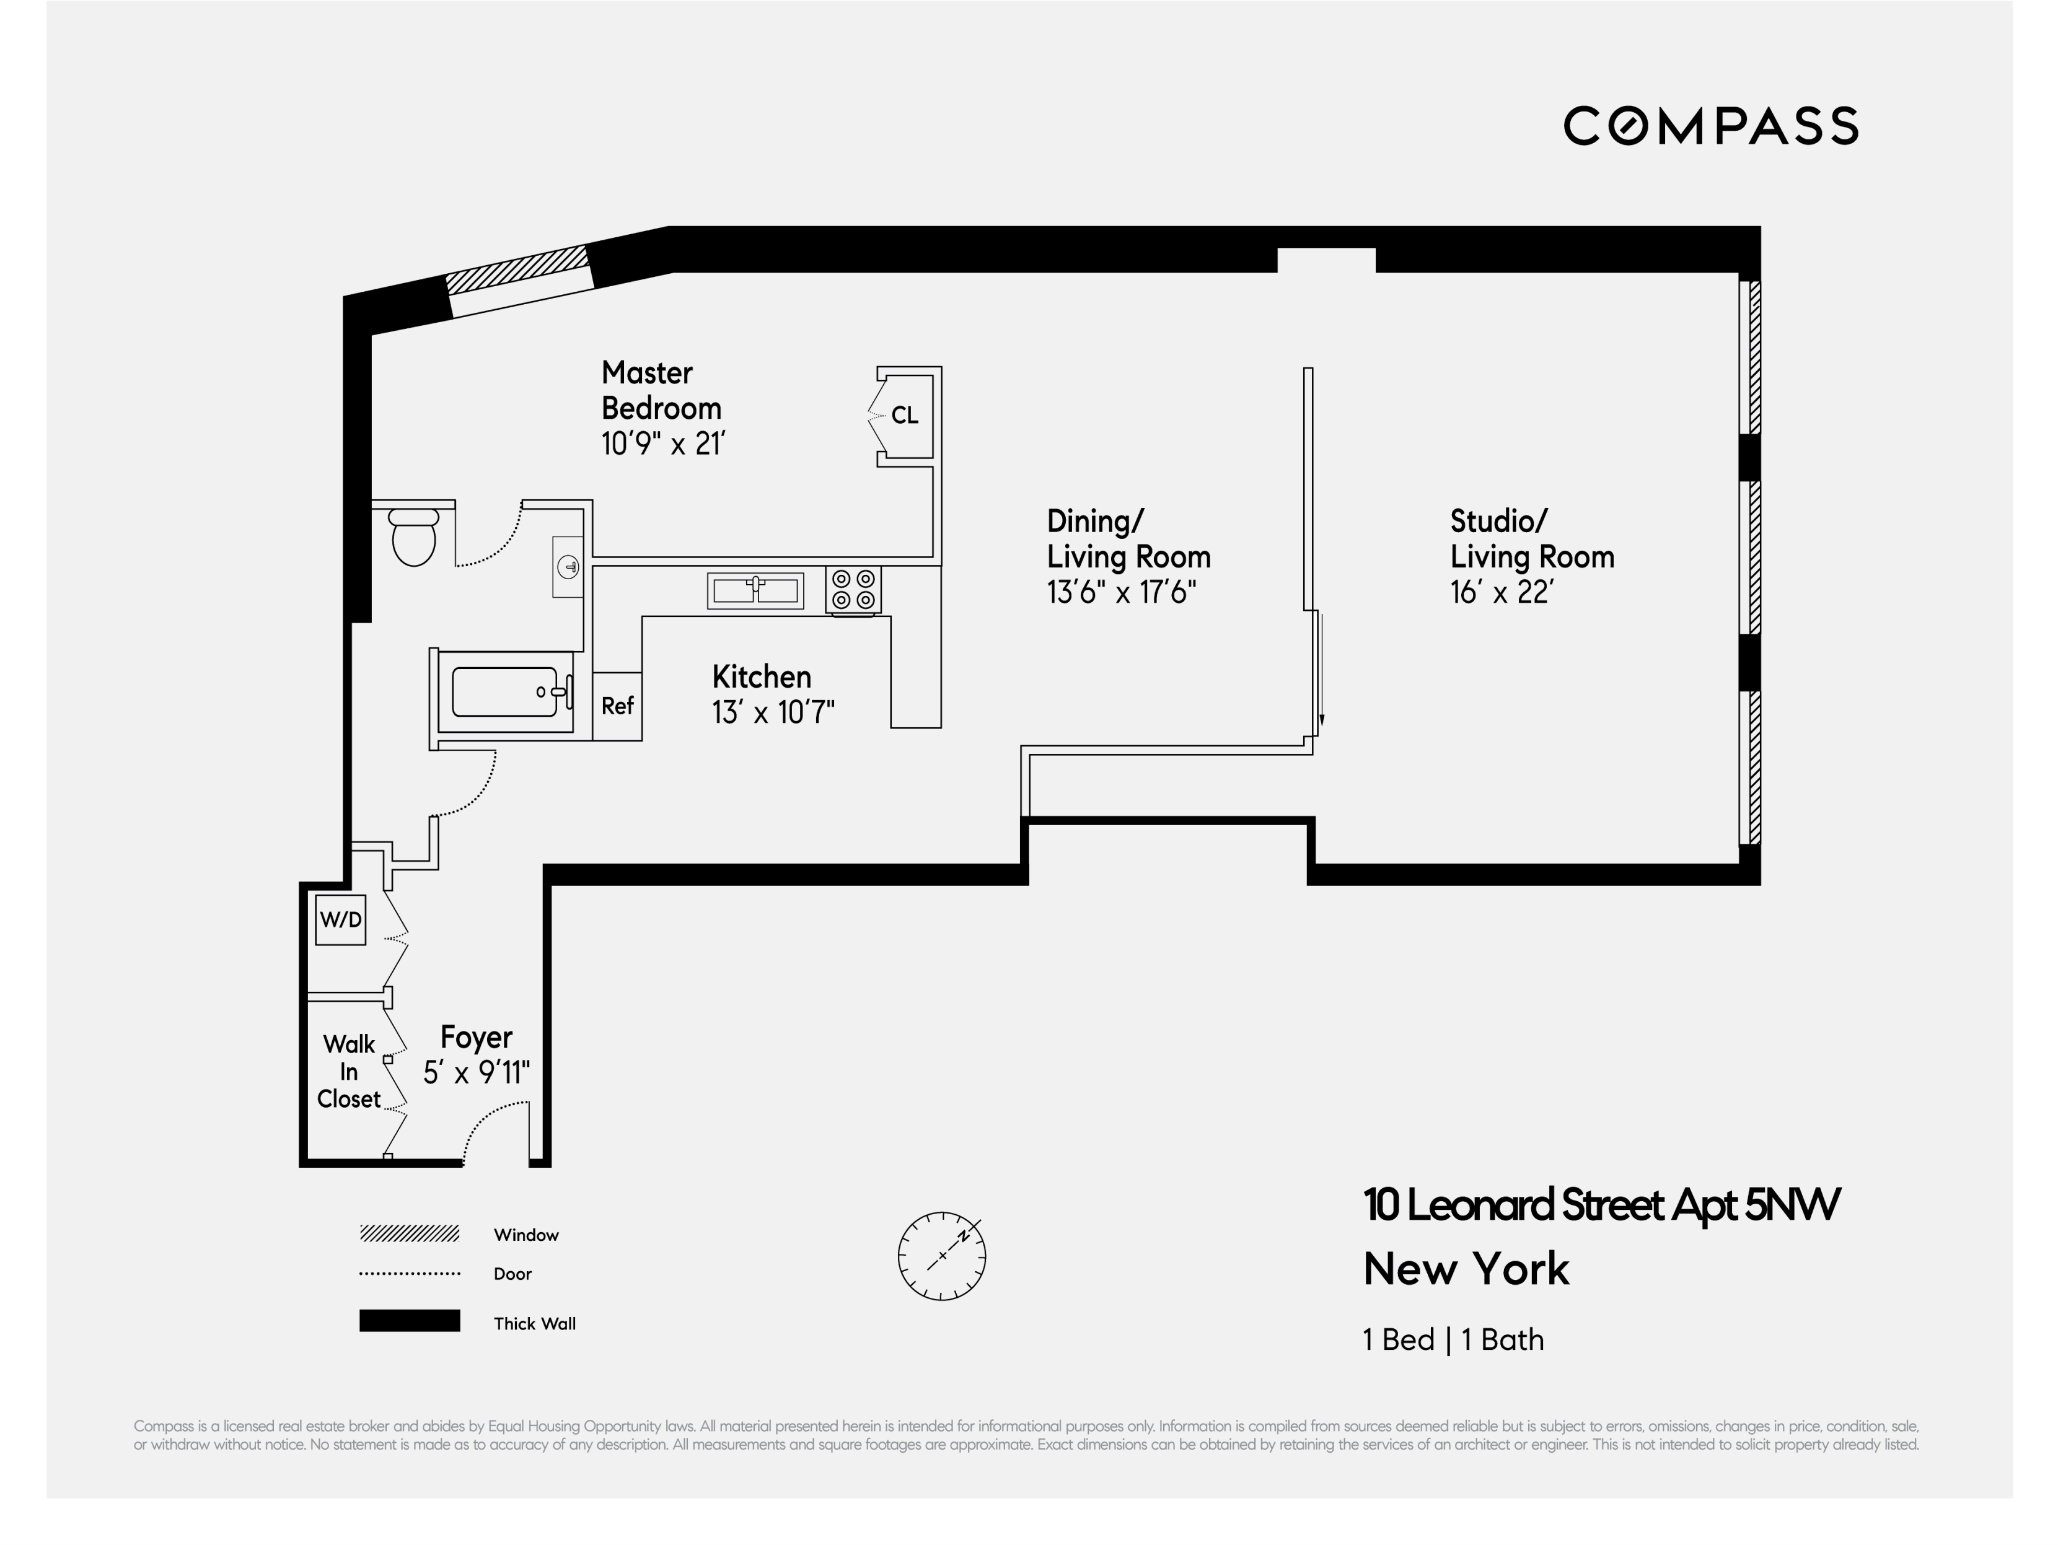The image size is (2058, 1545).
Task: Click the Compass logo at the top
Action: click(1710, 126)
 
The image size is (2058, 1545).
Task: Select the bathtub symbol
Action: click(505, 692)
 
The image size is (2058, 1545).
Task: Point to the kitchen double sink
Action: click(755, 590)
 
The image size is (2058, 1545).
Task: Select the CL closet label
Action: click(904, 415)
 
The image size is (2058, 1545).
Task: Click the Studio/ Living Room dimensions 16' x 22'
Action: click(1502, 592)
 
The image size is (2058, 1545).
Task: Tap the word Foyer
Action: click(477, 1036)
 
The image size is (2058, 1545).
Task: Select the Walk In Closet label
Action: click(349, 1072)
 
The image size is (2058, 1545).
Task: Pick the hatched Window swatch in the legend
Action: click(410, 1234)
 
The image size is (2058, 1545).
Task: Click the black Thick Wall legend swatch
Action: click(410, 1321)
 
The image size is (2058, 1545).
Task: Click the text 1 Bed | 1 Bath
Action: click(1453, 1339)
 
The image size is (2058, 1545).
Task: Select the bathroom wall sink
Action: click(568, 566)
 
